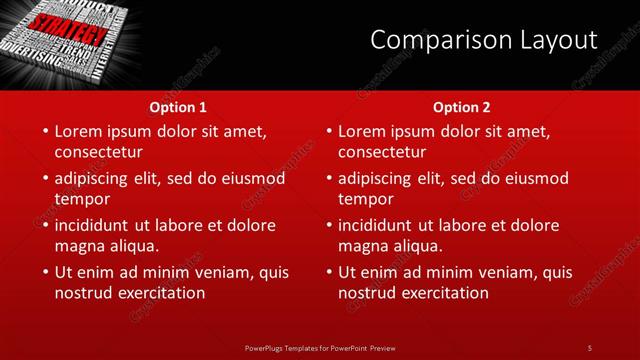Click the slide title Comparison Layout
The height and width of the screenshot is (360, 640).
tap(484, 40)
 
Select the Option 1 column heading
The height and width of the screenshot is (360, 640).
tap(178, 106)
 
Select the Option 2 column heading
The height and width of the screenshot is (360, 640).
tap(462, 106)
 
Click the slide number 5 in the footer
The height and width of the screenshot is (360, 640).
tap(590, 347)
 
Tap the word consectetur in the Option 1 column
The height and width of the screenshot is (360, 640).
tap(98, 152)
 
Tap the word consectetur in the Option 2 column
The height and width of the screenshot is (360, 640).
tap(382, 152)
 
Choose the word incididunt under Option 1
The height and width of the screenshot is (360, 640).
tap(98, 225)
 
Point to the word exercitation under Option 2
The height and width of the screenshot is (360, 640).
tap(444, 293)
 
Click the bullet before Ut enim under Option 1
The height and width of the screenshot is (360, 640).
tap(43, 273)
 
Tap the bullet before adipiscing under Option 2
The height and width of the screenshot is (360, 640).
tap(327, 179)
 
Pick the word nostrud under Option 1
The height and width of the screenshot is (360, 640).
tap(84, 293)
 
